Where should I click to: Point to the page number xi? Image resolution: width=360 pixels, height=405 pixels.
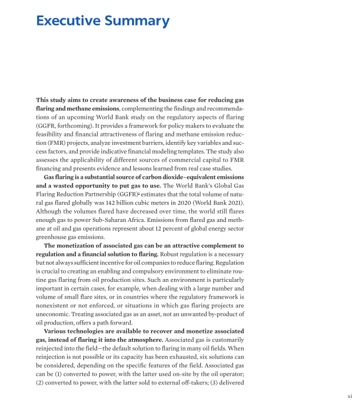[349, 396]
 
